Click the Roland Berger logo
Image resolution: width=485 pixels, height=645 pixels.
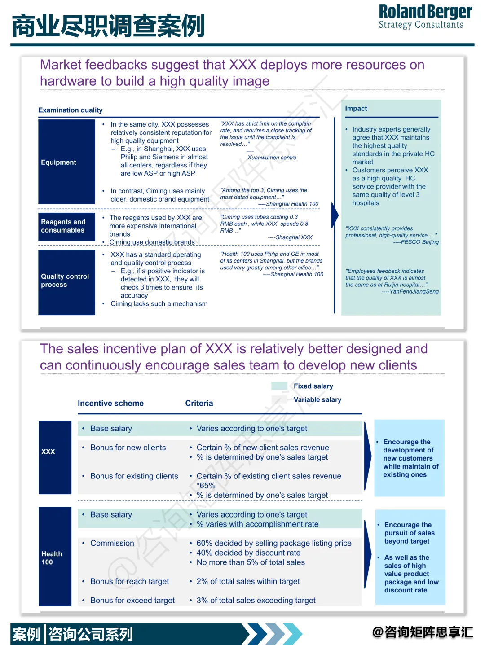click(425, 17)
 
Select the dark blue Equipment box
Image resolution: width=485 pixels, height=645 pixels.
click(66, 162)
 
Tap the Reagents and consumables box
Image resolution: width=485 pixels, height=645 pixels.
click(66, 226)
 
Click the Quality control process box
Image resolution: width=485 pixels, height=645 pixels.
click(66, 281)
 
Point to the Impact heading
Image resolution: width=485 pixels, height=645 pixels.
click(356, 109)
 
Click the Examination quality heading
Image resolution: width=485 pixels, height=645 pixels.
click(71, 110)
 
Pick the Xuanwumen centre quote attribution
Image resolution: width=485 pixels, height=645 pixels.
click(272, 158)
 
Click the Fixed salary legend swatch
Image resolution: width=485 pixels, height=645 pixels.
click(279, 386)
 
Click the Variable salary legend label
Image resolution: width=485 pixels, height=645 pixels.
click(317, 399)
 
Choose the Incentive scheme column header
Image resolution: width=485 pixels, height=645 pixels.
click(110, 403)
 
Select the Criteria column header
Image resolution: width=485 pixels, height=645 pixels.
click(199, 403)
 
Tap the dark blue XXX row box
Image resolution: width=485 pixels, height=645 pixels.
click(55, 457)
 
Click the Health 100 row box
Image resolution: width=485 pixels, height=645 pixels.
click(55, 557)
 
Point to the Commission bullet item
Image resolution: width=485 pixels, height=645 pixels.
click(112, 543)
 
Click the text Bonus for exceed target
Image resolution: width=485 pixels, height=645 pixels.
click(132, 600)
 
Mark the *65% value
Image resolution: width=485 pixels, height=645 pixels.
click(206, 486)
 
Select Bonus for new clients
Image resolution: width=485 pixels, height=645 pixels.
click(128, 448)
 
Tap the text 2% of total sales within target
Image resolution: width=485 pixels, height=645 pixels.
click(248, 581)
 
